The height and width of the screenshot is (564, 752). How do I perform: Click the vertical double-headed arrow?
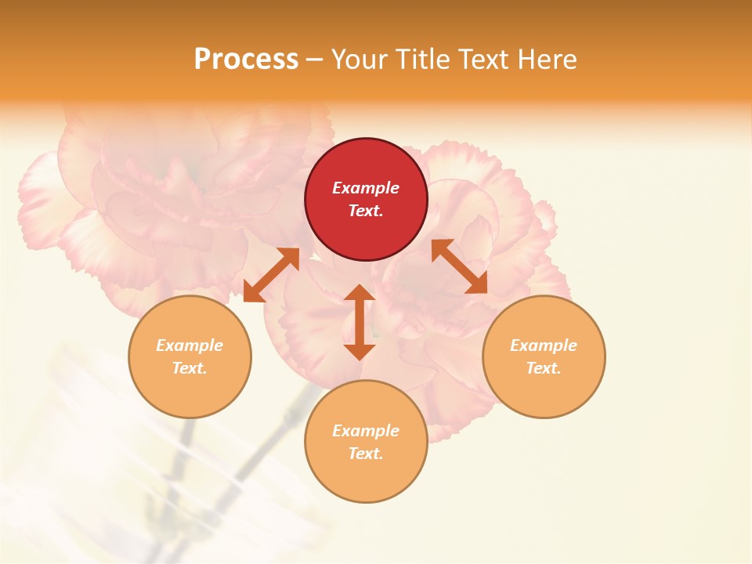point(360,322)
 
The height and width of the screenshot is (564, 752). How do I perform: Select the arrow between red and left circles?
point(272,274)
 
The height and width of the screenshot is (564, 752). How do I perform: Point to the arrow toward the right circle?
point(460,266)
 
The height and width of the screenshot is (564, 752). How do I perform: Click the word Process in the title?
point(246,59)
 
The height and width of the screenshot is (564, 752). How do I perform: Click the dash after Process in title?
point(315,60)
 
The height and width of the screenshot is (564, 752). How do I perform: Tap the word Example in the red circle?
point(366,188)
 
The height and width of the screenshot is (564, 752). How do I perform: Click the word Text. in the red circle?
point(366,211)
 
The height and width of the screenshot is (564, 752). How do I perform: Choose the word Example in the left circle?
point(190,345)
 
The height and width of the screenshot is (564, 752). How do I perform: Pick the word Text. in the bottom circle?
point(366,454)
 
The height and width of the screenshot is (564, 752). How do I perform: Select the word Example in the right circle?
point(544,345)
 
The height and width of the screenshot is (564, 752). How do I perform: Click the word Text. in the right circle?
point(544,368)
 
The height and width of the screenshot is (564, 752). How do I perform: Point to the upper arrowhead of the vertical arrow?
point(360,293)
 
